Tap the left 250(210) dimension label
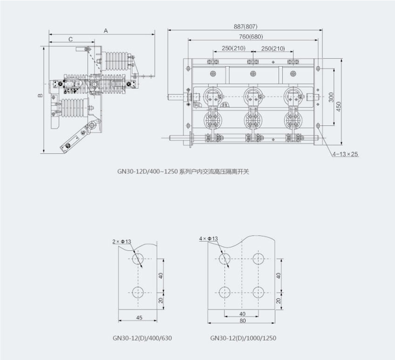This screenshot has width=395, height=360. pos(233,48)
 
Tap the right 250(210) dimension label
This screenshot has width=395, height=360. pos(273,48)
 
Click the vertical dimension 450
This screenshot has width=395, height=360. pos(338,106)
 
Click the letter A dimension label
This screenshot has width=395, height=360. pos(105,30)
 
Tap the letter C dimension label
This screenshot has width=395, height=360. pos(71,40)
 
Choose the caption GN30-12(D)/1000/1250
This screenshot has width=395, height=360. pos(243,338)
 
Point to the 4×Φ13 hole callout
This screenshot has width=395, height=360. pos(208,238)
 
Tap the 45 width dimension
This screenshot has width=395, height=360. pos(139,317)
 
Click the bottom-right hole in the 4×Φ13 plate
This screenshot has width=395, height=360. pos(258,292)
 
